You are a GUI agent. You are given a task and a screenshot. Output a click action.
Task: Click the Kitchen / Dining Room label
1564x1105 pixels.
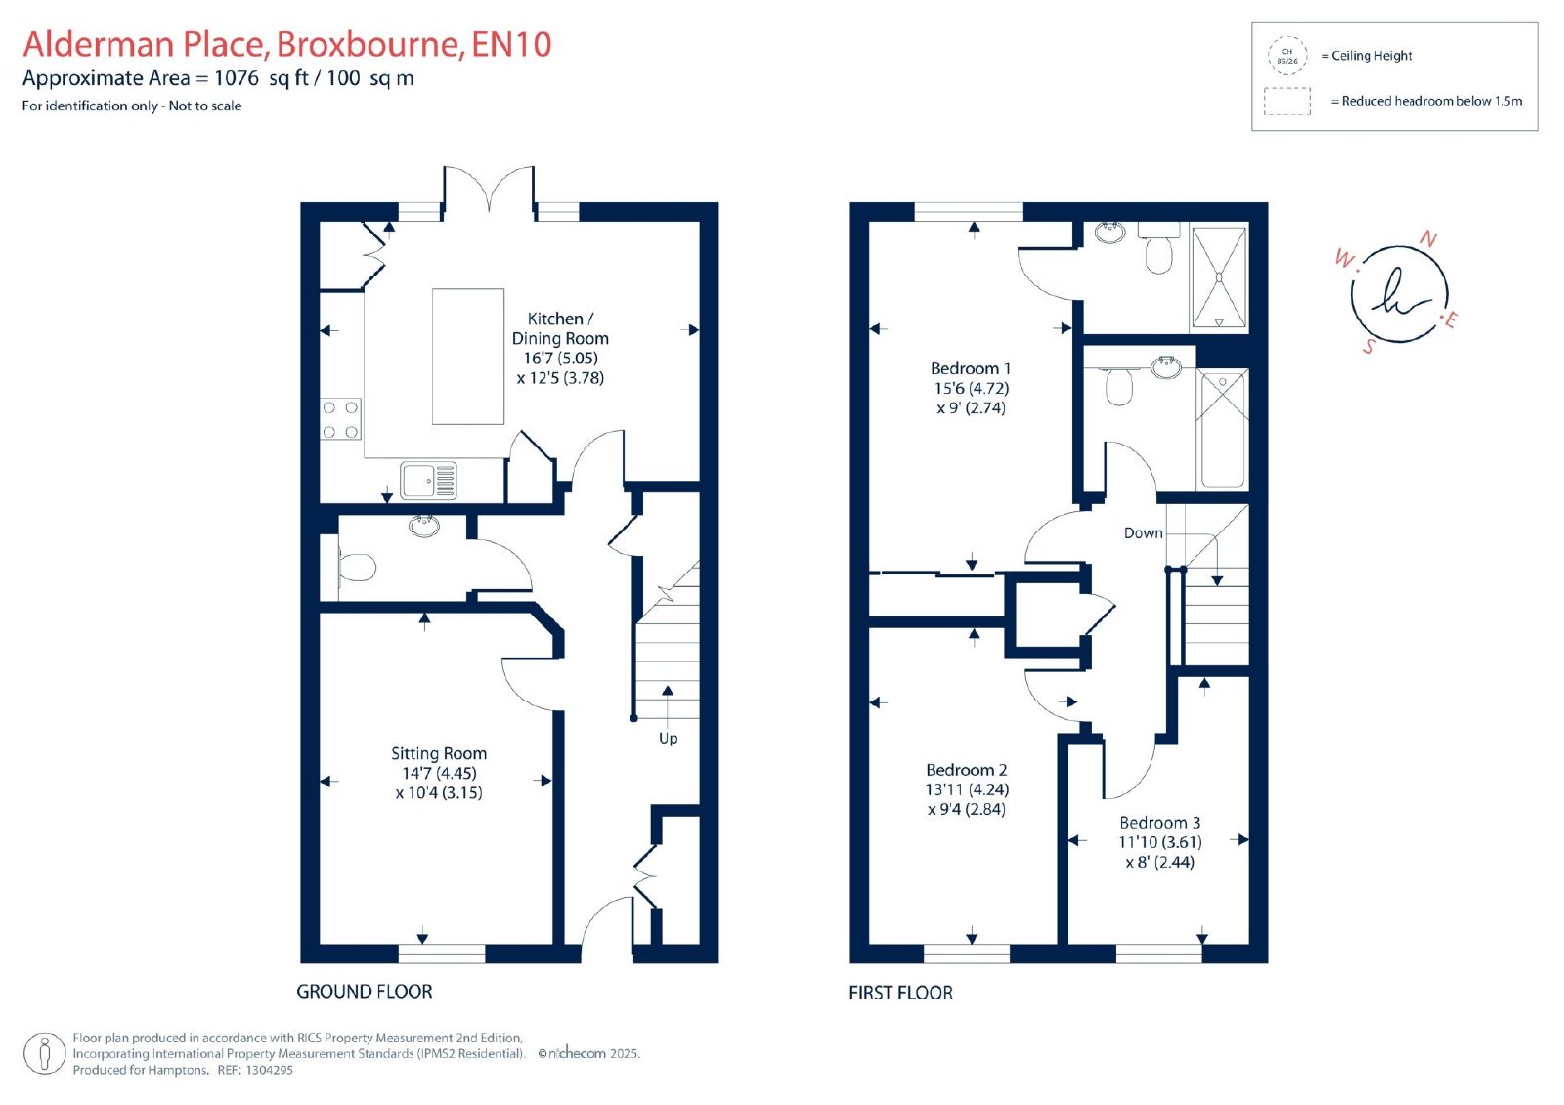click(560, 329)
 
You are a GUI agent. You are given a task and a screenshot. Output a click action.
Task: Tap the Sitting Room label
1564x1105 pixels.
click(439, 753)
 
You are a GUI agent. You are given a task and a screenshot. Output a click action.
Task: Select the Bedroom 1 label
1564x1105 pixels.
click(971, 368)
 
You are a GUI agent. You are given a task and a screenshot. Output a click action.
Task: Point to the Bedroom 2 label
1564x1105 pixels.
click(967, 769)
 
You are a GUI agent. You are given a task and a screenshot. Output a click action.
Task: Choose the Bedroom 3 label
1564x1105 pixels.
click(1159, 823)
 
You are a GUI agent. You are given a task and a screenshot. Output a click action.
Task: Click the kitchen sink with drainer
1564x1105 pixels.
click(429, 481)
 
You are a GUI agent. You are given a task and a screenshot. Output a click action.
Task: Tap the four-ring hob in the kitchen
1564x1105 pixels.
click(341, 419)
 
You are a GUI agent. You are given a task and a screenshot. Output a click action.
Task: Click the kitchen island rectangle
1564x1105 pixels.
click(468, 357)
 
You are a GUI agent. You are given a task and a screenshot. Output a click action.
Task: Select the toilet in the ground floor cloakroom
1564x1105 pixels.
click(357, 566)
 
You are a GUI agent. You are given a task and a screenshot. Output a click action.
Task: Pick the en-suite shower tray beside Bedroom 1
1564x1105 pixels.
click(1219, 277)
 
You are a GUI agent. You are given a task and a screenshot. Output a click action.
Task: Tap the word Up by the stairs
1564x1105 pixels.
click(669, 739)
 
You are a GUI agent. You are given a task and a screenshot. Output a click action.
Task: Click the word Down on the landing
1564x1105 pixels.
click(1143, 532)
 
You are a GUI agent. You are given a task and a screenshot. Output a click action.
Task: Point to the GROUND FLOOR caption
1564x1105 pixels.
click(365, 992)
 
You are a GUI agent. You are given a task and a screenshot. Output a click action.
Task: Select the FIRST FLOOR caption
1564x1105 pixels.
click(900, 993)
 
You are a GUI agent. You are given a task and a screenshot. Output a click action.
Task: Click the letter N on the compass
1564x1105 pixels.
click(1428, 239)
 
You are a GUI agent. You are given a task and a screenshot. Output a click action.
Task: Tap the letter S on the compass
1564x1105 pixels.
click(1369, 346)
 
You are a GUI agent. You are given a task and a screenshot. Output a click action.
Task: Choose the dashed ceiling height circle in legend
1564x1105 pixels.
click(1287, 56)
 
